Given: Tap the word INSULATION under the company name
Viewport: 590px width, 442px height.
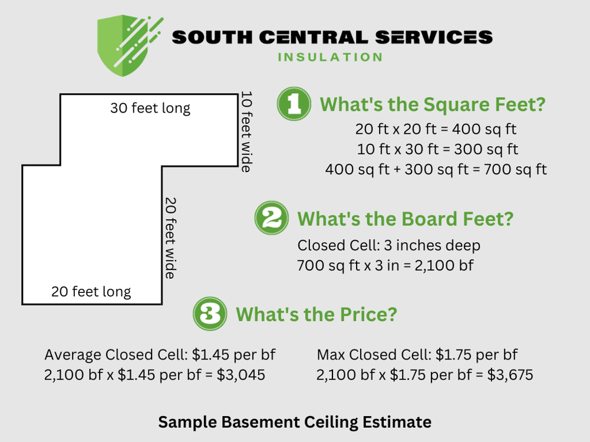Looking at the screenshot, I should coord(329,57).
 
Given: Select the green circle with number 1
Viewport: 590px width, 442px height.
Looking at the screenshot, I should coord(294,104).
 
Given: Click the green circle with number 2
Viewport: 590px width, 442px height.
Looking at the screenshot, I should coord(272,218).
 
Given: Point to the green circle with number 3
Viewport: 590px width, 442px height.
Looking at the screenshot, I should coord(210,314).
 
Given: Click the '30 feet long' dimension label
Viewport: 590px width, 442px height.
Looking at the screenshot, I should coord(150,108).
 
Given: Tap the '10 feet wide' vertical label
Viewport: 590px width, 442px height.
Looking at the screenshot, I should coord(246,131).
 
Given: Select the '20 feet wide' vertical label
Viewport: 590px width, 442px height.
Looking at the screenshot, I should coord(170,238).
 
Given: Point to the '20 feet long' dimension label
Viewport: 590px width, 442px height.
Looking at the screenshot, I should coord(91,291).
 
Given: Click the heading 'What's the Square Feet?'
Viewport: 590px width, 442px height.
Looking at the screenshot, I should coord(432,105).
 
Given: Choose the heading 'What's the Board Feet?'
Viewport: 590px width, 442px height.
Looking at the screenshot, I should coord(406,219).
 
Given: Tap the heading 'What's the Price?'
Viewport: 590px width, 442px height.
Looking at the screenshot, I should coord(316,314).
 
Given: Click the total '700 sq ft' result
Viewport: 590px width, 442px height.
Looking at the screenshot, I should coord(515,170).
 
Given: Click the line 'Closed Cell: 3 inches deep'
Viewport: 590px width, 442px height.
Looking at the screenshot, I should coord(389,245).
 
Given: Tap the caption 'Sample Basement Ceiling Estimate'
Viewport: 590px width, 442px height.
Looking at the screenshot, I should coord(295,422).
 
